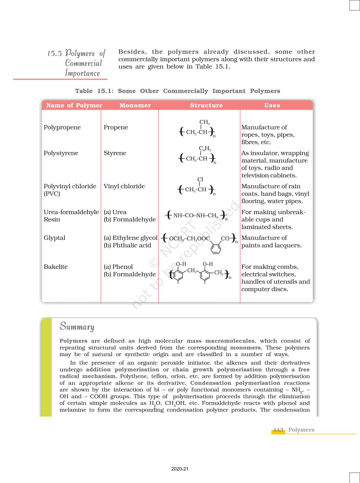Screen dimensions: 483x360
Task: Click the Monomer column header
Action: point(135,105)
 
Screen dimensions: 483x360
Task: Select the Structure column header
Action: point(206,105)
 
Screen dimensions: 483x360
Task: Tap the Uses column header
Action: point(272,105)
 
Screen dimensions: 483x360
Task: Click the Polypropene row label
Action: point(62,127)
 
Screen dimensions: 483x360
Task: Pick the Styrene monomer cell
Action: point(115,153)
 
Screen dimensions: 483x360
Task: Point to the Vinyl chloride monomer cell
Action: point(124,186)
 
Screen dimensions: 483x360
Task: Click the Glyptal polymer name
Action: point(54,238)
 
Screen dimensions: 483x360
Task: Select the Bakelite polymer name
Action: point(56,267)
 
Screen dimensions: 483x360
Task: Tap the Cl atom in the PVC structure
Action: point(200,179)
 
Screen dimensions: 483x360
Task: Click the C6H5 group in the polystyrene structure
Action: point(205,149)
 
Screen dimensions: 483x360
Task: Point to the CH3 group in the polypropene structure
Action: point(204,122)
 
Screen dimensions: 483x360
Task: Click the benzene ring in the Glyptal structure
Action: point(216,248)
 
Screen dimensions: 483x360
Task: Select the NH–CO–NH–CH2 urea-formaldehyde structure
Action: point(196,216)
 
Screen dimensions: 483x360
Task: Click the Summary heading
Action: point(77,326)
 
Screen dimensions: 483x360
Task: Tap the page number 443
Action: point(278,430)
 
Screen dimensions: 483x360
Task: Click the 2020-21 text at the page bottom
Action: point(180,469)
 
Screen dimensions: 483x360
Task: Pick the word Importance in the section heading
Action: point(82,73)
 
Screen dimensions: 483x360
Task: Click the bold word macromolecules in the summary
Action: point(230,341)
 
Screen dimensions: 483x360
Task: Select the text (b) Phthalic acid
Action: point(127,245)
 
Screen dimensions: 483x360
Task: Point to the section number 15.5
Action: point(54,53)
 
